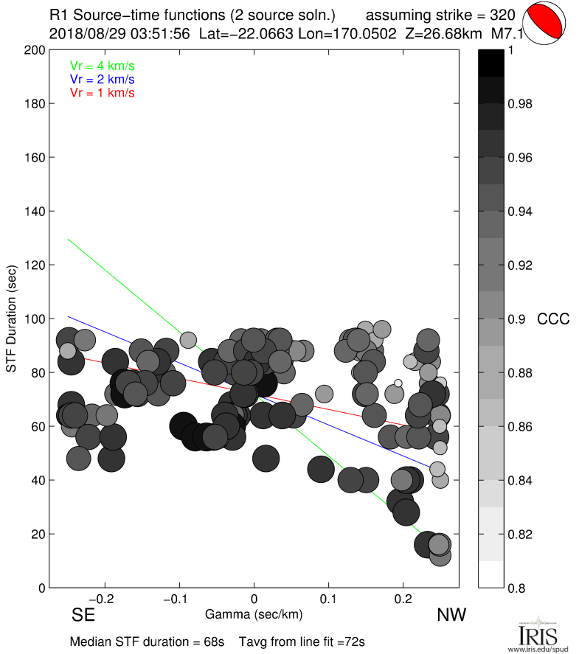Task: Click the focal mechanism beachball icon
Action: [545, 24]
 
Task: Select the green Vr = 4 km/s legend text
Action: [102, 66]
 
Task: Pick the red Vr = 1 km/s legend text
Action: [102, 93]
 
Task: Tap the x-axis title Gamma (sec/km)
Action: [254, 613]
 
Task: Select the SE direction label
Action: [82, 615]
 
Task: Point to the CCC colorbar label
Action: [554, 319]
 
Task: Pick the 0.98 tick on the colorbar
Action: [520, 104]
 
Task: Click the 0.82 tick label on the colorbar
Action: [520, 534]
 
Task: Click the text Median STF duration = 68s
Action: [147, 641]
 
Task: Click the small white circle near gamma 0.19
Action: [398, 383]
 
